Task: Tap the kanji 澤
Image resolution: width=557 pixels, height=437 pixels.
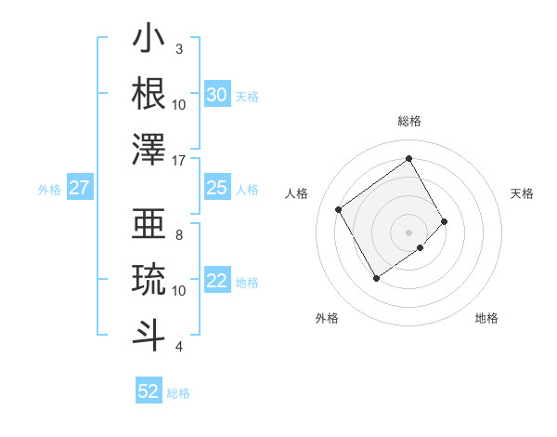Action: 149,149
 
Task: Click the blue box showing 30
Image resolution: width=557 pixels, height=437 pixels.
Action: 216,95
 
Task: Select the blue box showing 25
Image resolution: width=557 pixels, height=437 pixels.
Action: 216,188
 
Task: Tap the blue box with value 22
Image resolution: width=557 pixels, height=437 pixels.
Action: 216,281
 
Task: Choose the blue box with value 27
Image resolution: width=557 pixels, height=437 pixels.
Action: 79,188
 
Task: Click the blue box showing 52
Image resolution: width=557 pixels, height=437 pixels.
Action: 149,391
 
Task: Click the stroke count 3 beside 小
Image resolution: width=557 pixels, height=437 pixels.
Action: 179,48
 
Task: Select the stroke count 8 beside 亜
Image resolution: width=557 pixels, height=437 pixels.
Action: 179,234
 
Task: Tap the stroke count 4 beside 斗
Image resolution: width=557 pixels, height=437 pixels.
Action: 179,347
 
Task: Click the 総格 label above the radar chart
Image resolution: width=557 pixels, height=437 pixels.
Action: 409,121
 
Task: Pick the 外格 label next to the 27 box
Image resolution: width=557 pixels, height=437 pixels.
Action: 49,190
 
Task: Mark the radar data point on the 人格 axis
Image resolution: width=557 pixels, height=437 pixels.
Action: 339,209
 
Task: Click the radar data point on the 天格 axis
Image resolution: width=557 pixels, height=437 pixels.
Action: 445,221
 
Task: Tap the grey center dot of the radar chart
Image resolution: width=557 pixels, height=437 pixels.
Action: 409,232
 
